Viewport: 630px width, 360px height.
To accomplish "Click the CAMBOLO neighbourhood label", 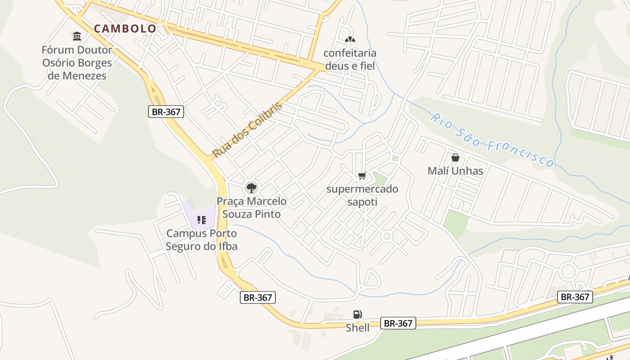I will tap(125, 29).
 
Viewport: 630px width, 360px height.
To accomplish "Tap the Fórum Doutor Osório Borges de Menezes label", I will tap(77, 63).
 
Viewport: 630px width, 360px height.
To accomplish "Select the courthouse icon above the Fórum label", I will tap(77, 36).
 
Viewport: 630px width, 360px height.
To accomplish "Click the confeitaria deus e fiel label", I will tap(350, 59).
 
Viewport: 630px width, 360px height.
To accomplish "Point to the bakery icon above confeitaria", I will tap(349, 40).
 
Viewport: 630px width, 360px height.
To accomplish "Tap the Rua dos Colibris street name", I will tap(247, 130).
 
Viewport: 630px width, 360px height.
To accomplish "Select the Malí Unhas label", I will tap(455, 171).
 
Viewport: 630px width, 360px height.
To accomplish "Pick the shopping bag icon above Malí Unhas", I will tap(455, 157).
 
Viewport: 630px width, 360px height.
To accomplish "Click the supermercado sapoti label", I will tap(362, 195).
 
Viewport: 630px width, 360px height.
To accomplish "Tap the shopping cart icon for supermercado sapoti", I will tap(362, 175).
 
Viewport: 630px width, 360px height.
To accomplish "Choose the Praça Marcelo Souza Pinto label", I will tap(252, 207).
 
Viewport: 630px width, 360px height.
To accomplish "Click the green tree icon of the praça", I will tap(251, 188).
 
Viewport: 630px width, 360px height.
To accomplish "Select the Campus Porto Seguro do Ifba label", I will tap(201, 240).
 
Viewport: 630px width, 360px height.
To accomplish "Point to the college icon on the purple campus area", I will tap(201, 220).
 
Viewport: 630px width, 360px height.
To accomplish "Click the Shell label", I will tap(357, 328).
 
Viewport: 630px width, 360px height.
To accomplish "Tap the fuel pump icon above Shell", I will tap(357, 315).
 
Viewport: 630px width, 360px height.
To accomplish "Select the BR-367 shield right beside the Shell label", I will tap(398, 323).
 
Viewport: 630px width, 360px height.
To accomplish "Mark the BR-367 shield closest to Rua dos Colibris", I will tap(166, 112).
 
